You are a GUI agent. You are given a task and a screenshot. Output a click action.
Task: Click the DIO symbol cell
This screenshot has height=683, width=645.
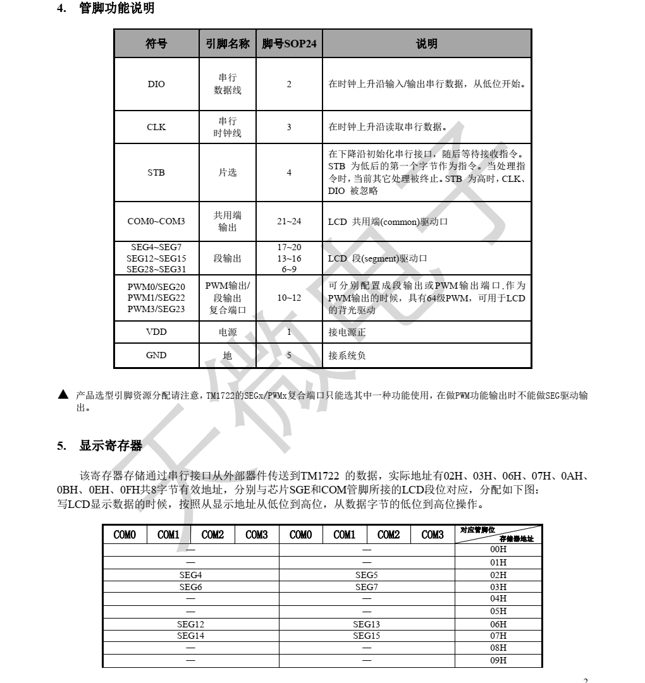click(x=156, y=84)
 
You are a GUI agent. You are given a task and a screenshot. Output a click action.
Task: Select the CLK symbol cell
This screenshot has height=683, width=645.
click(x=156, y=127)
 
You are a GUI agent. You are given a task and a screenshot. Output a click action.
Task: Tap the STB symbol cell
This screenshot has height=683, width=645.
click(x=156, y=172)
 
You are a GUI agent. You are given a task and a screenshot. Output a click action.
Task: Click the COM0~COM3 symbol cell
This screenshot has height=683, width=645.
click(x=156, y=222)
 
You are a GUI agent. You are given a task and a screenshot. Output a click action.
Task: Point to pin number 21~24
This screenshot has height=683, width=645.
click(x=289, y=222)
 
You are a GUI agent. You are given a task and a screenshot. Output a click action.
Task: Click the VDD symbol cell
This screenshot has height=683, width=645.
click(x=156, y=332)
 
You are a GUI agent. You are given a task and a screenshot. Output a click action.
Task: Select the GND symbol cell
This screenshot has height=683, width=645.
click(x=156, y=355)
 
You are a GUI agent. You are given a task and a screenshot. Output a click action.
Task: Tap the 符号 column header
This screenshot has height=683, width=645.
click(x=156, y=44)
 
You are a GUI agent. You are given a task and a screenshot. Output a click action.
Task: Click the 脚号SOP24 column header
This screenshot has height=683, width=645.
click(x=289, y=44)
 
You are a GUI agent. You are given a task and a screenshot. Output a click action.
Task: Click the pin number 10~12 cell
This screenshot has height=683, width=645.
click(x=289, y=298)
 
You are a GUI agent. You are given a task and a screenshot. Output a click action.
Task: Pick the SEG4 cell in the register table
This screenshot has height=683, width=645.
click(x=190, y=575)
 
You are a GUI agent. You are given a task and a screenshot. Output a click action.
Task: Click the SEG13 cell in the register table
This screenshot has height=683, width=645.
click(x=367, y=624)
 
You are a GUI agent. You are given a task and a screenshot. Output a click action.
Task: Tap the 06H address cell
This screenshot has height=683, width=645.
click(x=499, y=624)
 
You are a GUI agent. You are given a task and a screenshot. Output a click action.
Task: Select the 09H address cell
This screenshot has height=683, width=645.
click(x=499, y=661)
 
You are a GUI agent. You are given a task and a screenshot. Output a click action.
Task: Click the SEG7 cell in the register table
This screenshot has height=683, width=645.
click(x=367, y=588)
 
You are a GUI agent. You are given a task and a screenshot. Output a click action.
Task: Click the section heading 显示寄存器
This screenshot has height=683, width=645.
click(x=111, y=446)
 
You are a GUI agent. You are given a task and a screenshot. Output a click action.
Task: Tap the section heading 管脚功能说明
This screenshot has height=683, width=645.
click(x=116, y=9)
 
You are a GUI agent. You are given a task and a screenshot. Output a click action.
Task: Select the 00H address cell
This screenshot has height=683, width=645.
click(x=499, y=550)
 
